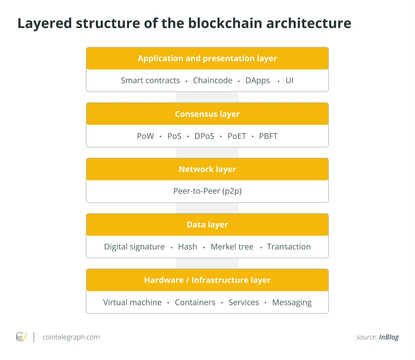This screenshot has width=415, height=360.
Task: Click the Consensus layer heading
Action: pos(207,114)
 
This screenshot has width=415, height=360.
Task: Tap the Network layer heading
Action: pos(207,169)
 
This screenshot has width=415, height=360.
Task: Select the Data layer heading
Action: pos(207,225)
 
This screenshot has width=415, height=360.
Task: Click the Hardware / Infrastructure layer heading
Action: pos(207,280)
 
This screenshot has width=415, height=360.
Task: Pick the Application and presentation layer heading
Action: pos(207,58)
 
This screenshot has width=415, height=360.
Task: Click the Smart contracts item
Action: pos(150,81)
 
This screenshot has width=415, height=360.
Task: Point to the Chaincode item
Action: pos(213,81)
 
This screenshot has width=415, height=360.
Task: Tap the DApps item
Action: pos(258,81)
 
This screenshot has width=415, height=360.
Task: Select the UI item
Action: pos(289,81)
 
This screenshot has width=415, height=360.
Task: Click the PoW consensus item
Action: pos(145,136)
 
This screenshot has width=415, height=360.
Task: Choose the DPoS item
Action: pos(204,136)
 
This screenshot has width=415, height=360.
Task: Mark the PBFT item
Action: pos(268,136)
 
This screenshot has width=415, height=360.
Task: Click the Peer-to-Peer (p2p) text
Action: pos(207,191)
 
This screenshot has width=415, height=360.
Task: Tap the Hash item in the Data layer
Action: pos(187,247)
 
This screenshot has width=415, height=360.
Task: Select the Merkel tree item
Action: pos(232,247)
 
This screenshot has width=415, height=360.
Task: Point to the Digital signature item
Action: pos(134,247)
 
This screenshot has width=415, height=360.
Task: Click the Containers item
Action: pos(195,302)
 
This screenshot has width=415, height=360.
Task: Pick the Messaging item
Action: pos(292,302)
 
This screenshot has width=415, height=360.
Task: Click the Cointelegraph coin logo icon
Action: pos(21,337)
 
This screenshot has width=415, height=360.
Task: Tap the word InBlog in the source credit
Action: pos(389,337)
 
